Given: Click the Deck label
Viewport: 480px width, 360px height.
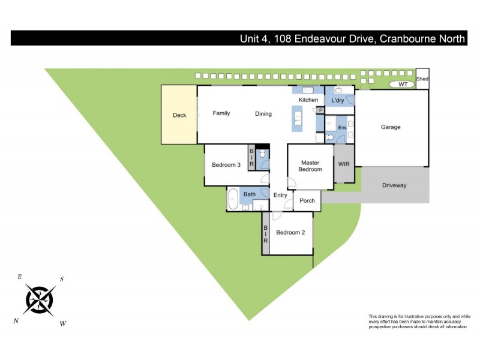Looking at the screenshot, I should click(x=179, y=115).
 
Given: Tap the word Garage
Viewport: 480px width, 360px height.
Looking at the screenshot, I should click(x=391, y=127).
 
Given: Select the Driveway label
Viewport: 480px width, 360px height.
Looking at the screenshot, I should click(x=394, y=185).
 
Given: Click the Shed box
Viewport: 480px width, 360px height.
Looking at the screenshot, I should click(x=422, y=79).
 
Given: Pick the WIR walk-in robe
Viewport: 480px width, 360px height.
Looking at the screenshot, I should click(x=344, y=163).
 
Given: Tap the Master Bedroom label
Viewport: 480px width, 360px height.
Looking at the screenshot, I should click(x=311, y=166).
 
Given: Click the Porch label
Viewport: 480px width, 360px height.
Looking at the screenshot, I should click(x=307, y=201).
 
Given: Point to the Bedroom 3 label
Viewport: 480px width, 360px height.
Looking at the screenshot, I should click(x=226, y=165).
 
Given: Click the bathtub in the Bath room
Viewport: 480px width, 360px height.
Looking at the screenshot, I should click(x=233, y=199).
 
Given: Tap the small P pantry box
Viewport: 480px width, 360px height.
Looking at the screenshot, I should click(x=321, y=110).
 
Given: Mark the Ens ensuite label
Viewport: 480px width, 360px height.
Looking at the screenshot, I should click(x=343, y=128).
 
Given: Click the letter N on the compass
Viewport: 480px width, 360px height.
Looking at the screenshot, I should click(x=16, y=321).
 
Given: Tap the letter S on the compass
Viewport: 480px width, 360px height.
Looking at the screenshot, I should click(x=61, y=279).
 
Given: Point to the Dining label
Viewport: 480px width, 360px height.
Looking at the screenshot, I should click(x=263, y=114).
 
